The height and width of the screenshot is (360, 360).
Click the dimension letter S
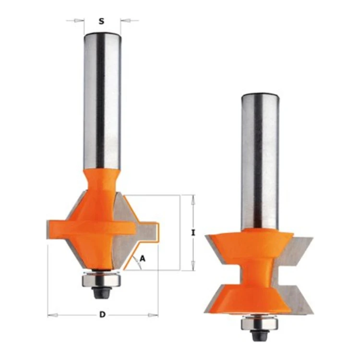(x=101, y=21)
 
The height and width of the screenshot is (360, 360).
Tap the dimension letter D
(x=102, y=314)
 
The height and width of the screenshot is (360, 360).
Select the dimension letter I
(x=193, y=233)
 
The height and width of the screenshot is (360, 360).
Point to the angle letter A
(x=143, y=259)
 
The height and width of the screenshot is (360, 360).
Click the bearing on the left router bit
(x=101, y=280)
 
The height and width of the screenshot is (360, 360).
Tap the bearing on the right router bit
(x=259, y=324)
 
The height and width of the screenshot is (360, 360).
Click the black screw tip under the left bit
(x=101, y=293)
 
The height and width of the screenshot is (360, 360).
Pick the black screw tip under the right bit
(x=259, y=336)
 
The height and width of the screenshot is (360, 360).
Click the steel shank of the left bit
(x=102, y=101)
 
